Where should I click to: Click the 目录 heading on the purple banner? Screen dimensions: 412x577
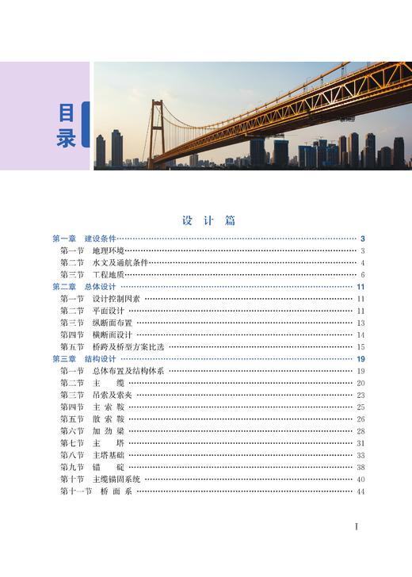pos(67,125)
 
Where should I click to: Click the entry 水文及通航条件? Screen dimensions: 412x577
pos(120,262)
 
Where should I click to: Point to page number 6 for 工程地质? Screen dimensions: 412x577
pos(361,274)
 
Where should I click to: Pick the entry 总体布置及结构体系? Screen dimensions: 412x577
pos(127,371)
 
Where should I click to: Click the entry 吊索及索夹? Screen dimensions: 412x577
pos(112,395)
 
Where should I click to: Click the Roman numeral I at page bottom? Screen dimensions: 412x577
pos(357,526)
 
